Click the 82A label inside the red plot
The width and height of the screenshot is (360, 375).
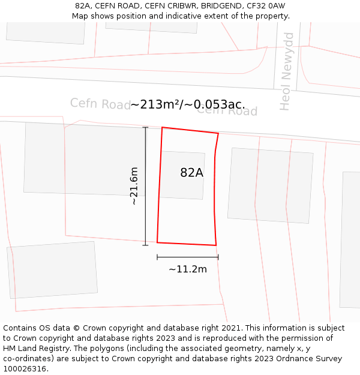point(191,173)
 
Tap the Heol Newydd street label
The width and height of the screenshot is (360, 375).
point(287,71)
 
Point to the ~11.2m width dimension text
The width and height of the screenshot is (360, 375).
point(187,269)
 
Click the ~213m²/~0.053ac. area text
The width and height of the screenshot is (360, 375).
point(187,104)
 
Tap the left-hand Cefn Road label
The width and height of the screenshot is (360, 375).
point(100,103)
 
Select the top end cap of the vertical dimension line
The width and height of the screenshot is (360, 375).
point(145,127)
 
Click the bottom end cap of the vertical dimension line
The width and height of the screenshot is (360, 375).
point(145,245)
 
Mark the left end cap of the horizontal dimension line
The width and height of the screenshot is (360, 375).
point(157,257)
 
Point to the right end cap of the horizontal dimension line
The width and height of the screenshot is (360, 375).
point(218,257)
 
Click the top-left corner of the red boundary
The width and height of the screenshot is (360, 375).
point(162,127)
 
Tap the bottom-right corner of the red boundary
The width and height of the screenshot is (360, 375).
point(216,245)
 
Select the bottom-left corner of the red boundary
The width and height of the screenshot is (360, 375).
point(157,242)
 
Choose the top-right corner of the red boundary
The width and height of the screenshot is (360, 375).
point(218,134)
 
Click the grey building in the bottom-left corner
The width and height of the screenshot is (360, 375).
point(53,270)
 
